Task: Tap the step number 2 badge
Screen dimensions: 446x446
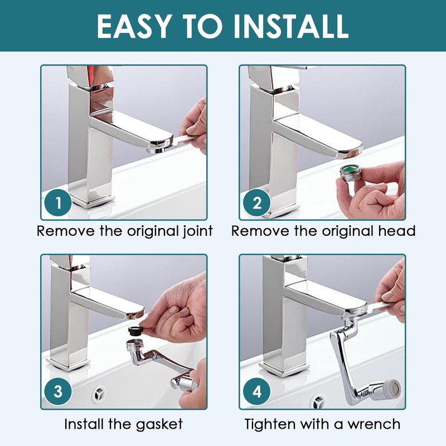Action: click(x=256, y=203)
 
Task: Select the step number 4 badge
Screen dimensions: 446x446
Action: click(x=256, y=392)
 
